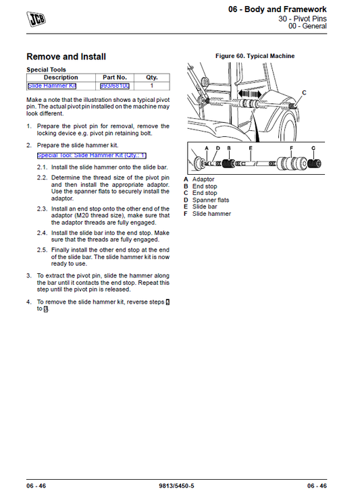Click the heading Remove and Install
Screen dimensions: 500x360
pyautogui.click(x=66, y=57)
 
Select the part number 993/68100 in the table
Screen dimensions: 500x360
pyautogui.click(x=115, y=86)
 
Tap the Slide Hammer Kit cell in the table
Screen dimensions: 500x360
pyautogui.click(x=52, y=86)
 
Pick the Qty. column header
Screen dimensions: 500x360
pyautogui.click(x=151, y=78)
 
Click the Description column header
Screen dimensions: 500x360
pyautogui.click(x=60, y=78)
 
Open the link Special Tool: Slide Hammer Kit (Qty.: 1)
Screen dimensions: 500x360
pyautogui.click(x=91, y=155)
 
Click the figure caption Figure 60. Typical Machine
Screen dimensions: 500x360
pyautogui.click(x=255, y=56)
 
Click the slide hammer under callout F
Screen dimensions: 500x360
pyautogui.click(x=290, y=164)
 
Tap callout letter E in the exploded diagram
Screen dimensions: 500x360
pyautogui.click(x=251, y=147)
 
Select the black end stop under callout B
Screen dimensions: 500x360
pyautogui.click(x=229, y=164)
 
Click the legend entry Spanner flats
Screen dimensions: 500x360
pyautogui.click(x=210, y=200)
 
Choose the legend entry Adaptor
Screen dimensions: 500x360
pyautogui.click(x=203, y=179)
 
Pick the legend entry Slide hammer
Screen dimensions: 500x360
pyautogui.click(x=211, y=214)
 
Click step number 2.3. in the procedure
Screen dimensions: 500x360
pyautogui.click(x=43, y=210)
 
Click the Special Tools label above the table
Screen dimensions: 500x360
pyautogui.click(x=47, y=70)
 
